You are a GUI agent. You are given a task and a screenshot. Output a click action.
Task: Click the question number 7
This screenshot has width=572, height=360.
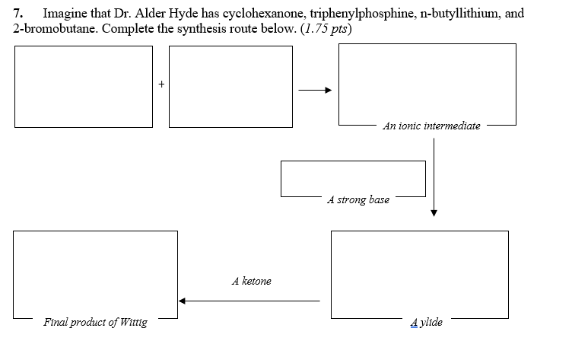18,14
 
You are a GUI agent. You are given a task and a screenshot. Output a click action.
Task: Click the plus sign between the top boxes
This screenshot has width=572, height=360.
161,84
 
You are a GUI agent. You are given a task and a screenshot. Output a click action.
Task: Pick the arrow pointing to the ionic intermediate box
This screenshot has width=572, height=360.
315,91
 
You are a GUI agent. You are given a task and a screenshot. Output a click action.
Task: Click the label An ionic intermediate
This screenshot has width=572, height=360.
431,126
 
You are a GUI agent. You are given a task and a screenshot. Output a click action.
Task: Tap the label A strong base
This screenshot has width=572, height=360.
358,199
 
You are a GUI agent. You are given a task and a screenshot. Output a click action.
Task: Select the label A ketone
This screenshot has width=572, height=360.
251,281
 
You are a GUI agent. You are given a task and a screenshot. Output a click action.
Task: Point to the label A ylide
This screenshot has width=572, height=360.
426,322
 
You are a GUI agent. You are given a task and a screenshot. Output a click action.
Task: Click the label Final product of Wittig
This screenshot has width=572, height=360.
96,322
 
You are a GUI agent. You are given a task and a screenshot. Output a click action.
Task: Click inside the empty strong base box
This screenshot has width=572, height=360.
352,177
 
